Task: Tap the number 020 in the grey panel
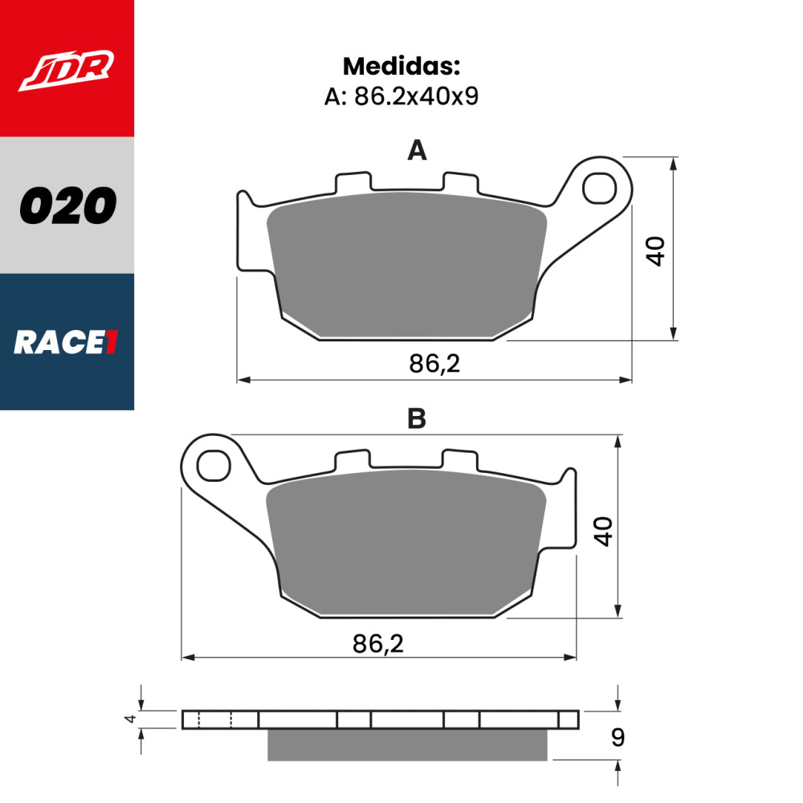click(67, 206)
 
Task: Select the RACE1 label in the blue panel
click(67, 343)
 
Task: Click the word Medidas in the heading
click(401, 67)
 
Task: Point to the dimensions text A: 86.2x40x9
click(401, 97)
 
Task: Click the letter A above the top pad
click(417, 150)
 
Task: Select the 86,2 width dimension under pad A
click(434, 365)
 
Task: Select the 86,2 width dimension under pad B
click(377, 643)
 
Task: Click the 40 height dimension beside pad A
click(657, 251)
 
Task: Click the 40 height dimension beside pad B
click(603, 531)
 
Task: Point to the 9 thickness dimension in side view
click(617, 737)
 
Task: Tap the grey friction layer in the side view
click(407, 744)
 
